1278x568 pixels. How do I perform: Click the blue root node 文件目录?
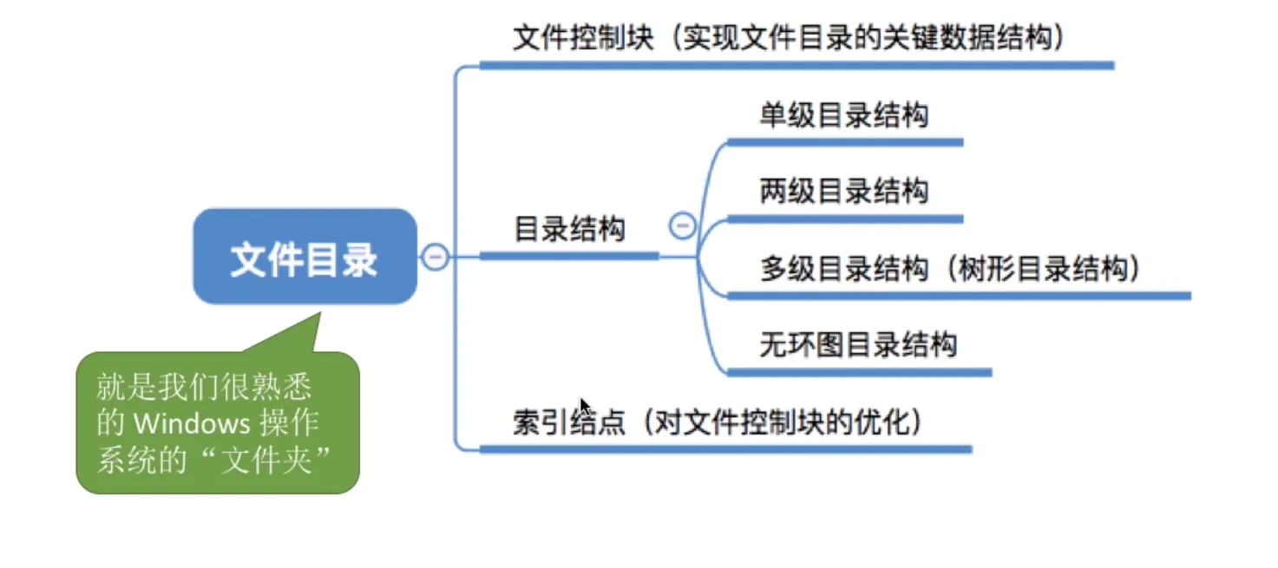305,258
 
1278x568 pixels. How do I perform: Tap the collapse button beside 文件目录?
435,257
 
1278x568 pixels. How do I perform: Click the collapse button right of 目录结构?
683,226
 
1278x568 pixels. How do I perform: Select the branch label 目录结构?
569,230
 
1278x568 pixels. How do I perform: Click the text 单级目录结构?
843,116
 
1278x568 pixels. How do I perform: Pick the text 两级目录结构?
843,191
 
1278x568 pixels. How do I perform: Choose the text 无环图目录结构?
857,345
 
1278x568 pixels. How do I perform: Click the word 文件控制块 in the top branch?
583,39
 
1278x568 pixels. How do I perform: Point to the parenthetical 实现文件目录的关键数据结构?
868,39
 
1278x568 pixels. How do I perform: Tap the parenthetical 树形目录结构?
1048,269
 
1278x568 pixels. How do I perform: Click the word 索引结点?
569,423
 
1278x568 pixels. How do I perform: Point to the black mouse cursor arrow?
585,407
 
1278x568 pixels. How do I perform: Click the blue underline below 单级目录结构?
845,142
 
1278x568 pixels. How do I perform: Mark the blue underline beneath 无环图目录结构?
859,372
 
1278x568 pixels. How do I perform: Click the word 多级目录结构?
843,269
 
